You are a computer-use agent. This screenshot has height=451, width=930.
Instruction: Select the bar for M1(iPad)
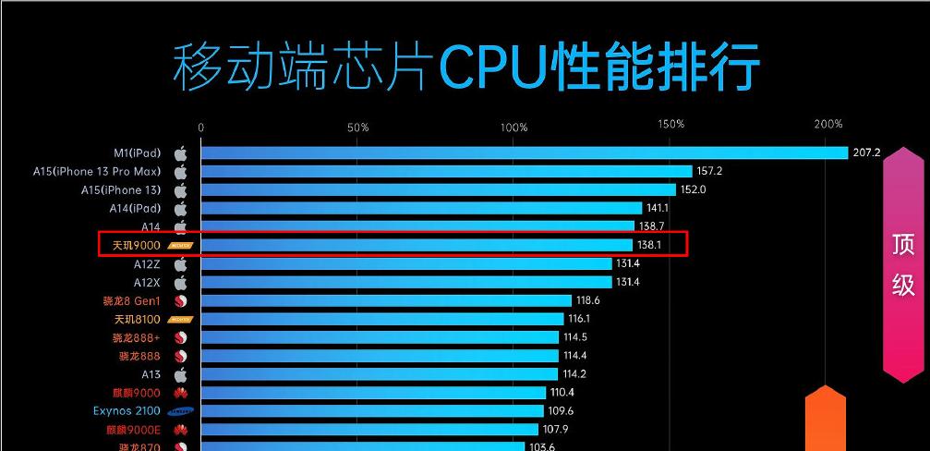524,153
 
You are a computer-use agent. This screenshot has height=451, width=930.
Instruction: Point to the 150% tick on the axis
671,125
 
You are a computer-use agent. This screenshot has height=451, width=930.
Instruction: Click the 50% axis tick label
357,127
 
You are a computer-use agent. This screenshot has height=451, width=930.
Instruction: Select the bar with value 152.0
438,189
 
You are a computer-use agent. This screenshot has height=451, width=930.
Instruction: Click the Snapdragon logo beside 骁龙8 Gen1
181,300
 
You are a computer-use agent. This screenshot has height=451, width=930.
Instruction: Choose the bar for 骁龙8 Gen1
386,300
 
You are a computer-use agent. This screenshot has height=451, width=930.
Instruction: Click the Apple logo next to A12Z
181,263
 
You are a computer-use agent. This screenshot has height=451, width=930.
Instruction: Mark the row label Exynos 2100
127,410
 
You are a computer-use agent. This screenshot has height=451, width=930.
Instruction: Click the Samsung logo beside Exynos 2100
181,411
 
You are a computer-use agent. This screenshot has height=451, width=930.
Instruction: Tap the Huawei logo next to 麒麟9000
181,393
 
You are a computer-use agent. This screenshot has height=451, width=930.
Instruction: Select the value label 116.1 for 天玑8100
580,319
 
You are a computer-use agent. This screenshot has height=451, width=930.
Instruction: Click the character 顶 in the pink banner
903,245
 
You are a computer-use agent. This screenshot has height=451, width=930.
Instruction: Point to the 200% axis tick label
828,125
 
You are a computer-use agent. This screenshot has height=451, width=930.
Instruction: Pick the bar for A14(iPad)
421,208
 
